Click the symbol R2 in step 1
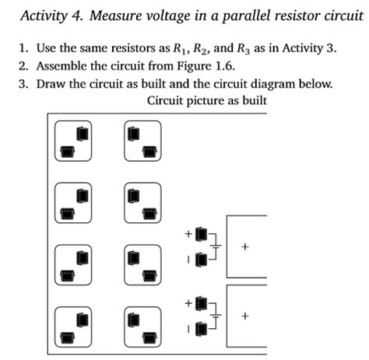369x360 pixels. [200, 49]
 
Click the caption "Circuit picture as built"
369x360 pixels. [206, 101]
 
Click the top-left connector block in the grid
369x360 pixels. [73, 141]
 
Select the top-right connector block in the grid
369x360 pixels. [142, 141]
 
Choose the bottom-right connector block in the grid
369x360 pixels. [142, 327]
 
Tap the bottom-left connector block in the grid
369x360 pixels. [73, 327]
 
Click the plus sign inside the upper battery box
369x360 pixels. [245, 247]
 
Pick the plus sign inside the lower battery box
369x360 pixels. [245, 316]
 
